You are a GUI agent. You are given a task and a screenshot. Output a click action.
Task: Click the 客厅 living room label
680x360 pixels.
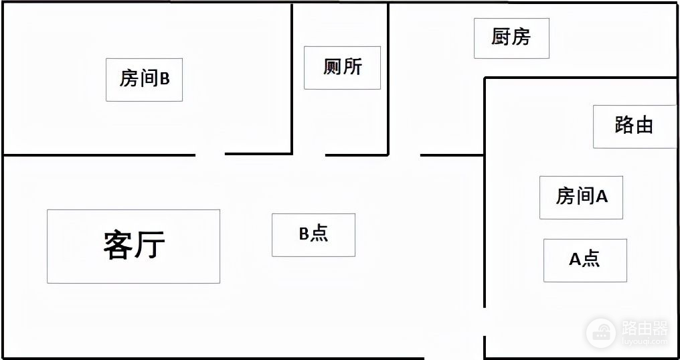[133, 246]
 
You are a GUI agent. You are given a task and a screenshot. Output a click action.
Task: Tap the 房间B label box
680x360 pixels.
[144, 79]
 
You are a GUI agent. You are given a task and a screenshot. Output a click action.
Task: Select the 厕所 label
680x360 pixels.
[342, 67]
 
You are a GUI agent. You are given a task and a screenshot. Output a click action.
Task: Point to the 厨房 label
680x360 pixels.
[511, 37]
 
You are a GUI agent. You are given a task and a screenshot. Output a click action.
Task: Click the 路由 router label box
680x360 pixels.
[634, 125]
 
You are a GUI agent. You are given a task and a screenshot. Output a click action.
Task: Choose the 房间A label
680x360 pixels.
[581, 197]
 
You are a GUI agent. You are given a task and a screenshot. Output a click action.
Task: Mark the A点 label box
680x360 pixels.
[585, 260]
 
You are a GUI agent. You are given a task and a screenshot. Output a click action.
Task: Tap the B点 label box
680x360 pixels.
[313, 234]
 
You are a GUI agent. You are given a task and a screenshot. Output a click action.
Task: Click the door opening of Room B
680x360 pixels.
[210, 155]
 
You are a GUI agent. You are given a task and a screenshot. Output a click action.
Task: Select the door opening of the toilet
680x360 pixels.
[309, 155]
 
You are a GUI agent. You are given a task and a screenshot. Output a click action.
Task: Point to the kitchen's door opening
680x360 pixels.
[404, 155]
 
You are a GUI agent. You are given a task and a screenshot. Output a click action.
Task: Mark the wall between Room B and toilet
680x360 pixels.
[292, 79]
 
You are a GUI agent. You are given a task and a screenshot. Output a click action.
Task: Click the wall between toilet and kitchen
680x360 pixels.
[388, 79]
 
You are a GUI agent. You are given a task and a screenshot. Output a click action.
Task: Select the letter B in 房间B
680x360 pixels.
[165, 79]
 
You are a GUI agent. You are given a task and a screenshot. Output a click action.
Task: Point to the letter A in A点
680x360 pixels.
[575, 260]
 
